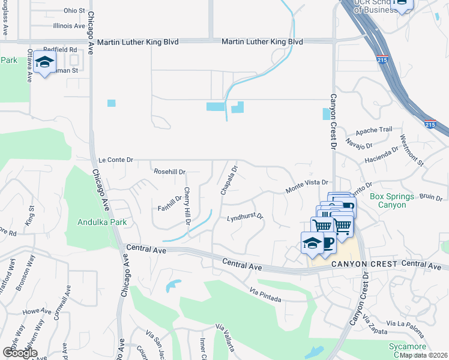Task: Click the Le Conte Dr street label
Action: (115, 160)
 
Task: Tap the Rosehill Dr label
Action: (170, 171)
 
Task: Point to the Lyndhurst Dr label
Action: (245, 217)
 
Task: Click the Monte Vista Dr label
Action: (307, 182)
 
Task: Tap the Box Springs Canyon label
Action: (392, 200)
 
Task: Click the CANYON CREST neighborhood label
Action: (361, 264)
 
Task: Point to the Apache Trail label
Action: (373, 130)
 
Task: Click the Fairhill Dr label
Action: (169, 204)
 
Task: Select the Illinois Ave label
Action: (69, 26)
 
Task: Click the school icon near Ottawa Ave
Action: (44, 62)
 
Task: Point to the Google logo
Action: (19, 353)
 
